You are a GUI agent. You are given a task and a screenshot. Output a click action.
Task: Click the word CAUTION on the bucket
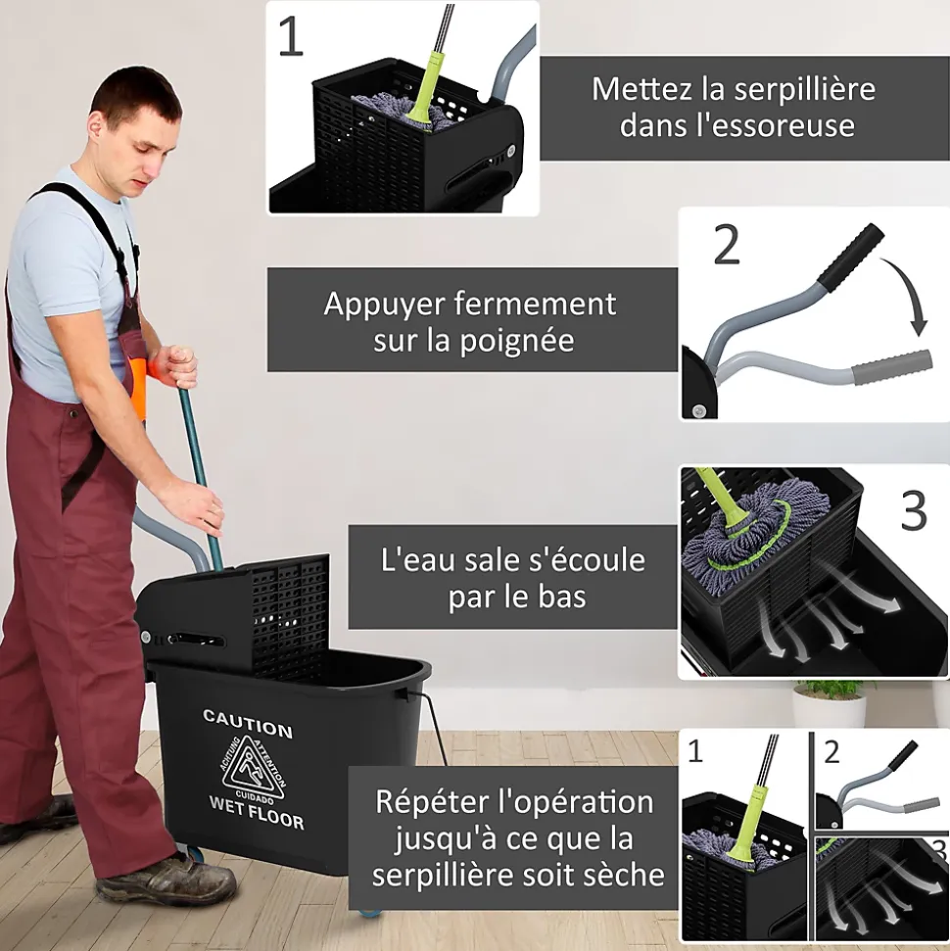[248, 724]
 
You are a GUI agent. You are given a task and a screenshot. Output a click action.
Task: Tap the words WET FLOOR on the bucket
[257, 813]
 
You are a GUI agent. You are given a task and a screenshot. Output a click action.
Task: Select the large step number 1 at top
[291, 36]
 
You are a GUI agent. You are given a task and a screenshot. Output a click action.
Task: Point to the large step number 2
[727, 245]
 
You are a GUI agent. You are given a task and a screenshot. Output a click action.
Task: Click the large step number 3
[914, 510]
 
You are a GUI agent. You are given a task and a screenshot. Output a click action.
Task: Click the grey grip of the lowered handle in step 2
[892, 367]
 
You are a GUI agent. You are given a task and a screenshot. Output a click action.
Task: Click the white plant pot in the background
[830, 711]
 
